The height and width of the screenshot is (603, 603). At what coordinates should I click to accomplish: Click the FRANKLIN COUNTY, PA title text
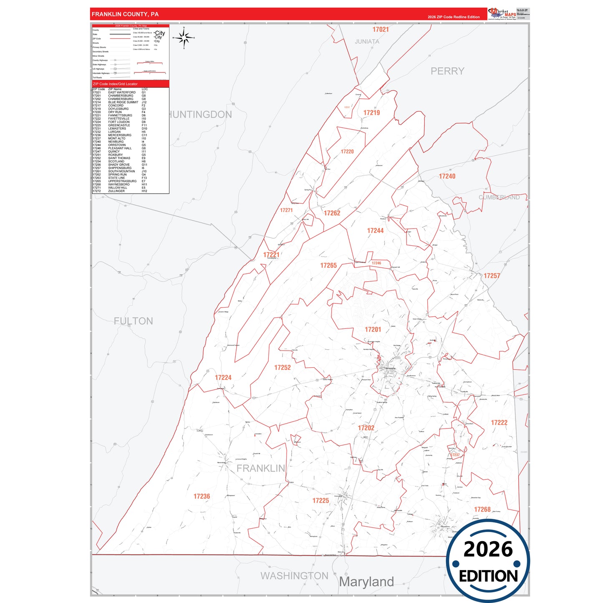click(125, 14)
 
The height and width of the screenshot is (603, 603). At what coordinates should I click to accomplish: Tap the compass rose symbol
click(184, 38)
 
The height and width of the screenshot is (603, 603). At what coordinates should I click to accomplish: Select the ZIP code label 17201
click(373, 330)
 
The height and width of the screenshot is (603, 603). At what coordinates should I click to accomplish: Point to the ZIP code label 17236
click(202, 496)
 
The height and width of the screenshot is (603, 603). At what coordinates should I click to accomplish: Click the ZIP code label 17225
click(320, 500)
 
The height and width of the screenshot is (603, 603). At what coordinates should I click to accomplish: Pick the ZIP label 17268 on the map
click(482, 510)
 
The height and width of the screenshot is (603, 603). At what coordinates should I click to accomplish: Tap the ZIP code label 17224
click(223, 378)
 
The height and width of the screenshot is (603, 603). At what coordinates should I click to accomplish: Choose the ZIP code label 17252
click(282, 368)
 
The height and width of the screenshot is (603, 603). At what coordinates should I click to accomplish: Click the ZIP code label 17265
click(328, 265)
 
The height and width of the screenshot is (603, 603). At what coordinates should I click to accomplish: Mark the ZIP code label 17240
click(447, 177)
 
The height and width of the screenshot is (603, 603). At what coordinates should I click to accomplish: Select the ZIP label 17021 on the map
click(380, 30)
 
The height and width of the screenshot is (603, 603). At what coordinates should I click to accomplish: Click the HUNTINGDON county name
click(200, 115)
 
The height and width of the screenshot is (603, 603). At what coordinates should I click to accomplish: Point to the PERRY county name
click(447, 71)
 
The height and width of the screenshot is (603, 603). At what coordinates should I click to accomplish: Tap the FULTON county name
click(133, 321)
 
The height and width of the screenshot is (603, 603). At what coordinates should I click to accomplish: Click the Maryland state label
click(366, 582)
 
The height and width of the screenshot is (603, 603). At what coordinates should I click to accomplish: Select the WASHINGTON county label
click(294, 576)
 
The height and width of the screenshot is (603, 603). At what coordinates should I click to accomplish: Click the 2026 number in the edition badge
click(488, 549)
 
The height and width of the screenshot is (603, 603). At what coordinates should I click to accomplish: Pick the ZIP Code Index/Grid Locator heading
click(115, 84)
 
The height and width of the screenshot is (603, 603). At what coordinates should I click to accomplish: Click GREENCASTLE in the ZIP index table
click(119, 125)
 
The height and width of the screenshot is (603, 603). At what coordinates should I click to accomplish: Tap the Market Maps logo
click(502, 14)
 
